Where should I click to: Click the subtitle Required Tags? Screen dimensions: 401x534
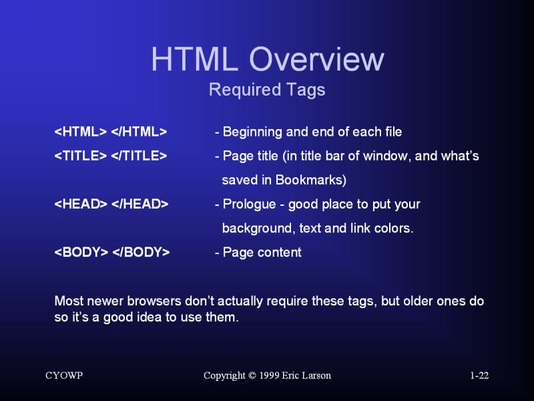point(267,90)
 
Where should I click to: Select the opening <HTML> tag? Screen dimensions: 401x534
point(81,132)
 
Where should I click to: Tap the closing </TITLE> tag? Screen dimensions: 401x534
point(139,156)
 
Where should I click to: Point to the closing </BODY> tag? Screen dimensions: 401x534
point(141,252)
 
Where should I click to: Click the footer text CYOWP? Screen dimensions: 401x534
point(64,376)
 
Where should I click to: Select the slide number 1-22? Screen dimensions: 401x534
point(479,376)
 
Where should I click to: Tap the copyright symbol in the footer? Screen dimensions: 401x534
point(253,376)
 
